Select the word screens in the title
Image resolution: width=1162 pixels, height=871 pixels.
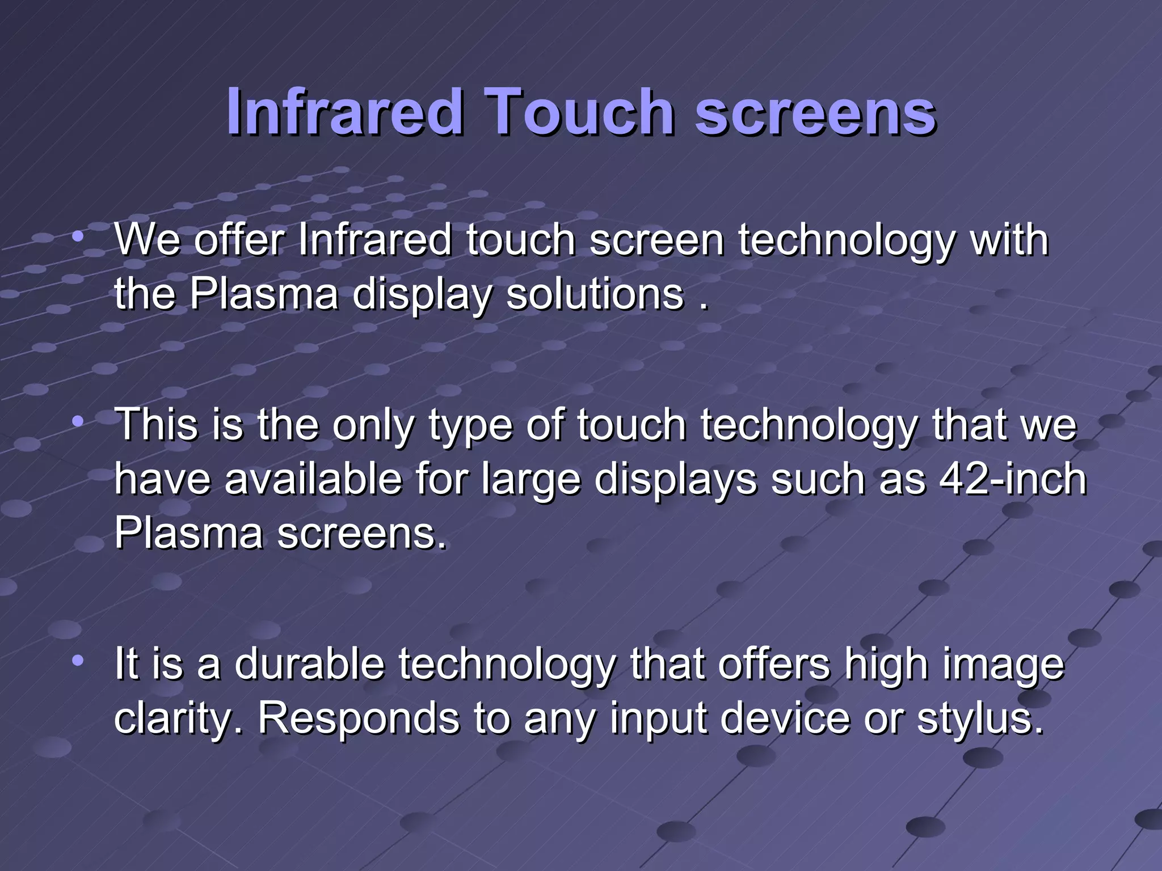click(815, 113)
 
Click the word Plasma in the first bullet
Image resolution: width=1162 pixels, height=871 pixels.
click(263, 294)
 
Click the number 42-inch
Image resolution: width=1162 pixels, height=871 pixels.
click(1013, 479)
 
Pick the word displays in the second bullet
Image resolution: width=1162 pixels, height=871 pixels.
click(676, 480)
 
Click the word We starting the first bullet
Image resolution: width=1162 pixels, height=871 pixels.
click(148, 240)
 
